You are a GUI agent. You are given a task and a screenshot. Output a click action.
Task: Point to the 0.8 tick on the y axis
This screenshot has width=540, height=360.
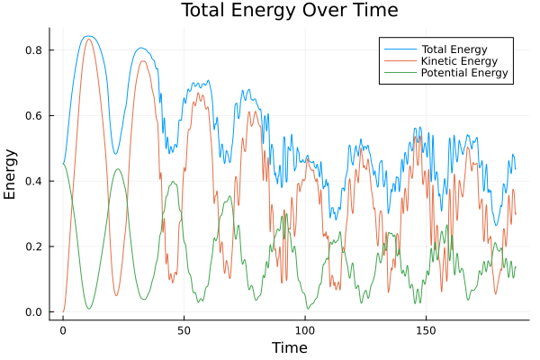pyautogui.click(x=34, y=50)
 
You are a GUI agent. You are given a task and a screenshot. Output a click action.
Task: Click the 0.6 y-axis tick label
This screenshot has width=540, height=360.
pyautogui.click(x=34, y=116)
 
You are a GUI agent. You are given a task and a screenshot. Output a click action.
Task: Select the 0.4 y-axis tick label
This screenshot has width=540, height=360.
pyautogui.click(x=34, y=181)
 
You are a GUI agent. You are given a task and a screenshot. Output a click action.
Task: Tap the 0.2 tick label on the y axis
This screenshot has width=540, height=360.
pyautogui.click(x=34, y=247)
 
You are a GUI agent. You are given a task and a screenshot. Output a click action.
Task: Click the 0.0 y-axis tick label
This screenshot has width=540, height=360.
pyautogui.click(x=34, y=312)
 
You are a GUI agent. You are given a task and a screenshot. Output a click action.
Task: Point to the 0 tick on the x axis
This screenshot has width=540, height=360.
pyautogui.click(x=63, y=330)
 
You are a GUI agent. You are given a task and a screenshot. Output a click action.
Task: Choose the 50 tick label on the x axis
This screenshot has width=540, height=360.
pyautogui.click(x=184, y=330)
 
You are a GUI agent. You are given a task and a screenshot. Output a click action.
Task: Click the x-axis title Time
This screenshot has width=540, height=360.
pyautogui.click(x=289, y=347)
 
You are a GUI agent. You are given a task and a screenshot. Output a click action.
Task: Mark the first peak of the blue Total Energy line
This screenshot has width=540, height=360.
pyautogui.click(x=87, y=36)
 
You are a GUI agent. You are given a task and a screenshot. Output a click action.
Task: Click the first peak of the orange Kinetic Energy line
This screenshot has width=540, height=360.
pyautogui.click(x=87, y=39)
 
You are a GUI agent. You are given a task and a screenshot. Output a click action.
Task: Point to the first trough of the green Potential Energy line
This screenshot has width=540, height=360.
pyautogui.click(x=88, y=309)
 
